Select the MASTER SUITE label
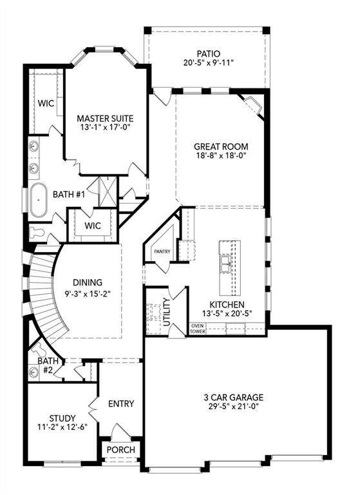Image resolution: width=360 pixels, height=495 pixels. point(105,119)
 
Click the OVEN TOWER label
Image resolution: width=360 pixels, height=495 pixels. point(196,329)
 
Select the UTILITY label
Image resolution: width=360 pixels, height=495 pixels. point(167,311)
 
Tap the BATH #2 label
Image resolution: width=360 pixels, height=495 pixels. point(48,365)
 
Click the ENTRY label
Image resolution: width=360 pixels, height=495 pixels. point(121,404)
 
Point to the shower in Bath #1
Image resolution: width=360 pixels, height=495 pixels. point(101,189)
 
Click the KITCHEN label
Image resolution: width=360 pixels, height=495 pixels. point(227,304)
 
